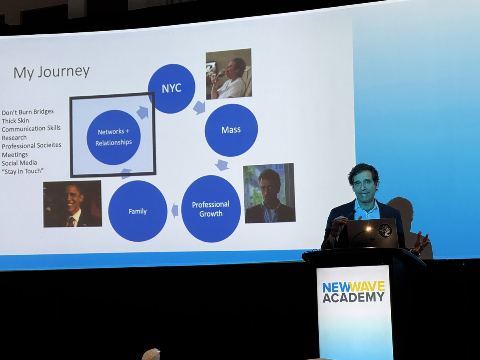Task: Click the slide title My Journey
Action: tap(51, 72)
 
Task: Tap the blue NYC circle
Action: tap(171, 88)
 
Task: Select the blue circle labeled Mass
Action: tap(231, 130)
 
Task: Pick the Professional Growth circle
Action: tap(211, 209)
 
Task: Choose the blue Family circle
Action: tap(138, 211)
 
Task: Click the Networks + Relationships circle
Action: tap(113, 137)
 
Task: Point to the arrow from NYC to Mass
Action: tap(199, 107)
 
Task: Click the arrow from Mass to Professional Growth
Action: tap(222, 165)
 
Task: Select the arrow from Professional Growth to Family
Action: tap(175, 210)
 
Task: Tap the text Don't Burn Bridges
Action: tap(28, 112)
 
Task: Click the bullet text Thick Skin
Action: tap(15, 120)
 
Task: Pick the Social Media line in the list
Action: tap(19, 163)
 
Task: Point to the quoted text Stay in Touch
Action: tap(22, 171)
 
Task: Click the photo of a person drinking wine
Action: tap(228, 74)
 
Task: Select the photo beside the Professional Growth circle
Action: tap(269, 193)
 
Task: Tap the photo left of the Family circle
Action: tap(72, 204)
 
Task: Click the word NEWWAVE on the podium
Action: tap(354, 287)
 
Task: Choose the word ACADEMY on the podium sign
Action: tap(354, 297)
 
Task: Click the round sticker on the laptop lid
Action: tap(385, 231)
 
